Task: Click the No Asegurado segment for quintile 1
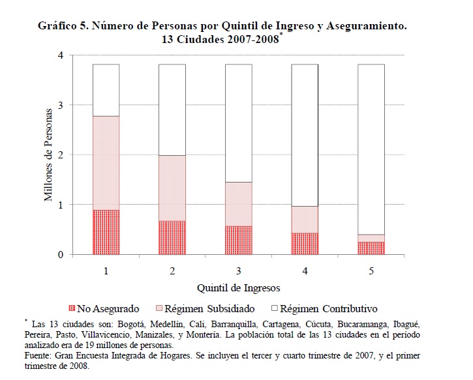pyautogui.click(x=106, y=232)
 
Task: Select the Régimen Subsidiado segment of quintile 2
pyautogui.click(x=172, y=188)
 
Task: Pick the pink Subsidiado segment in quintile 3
pyautogui.click(x=238, y=204)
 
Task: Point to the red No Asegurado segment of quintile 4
pyautogui.click(x=305, y=243)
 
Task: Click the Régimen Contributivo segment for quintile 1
pyautogui.click(x=106, y=90)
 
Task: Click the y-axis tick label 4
pyautogui.click(x=60, y=55)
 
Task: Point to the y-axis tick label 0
pyautogui.click(x=60, y=254)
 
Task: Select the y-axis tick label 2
pyautogui.click(x=60, y=155)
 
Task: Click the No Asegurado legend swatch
pyautogui.click(x=72, y=309)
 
